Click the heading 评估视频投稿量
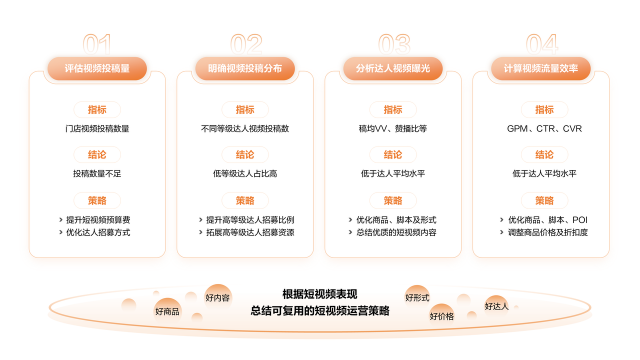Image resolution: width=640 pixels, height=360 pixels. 97,68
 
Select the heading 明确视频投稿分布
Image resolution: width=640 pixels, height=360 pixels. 245,68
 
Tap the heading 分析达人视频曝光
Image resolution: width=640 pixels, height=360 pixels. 393,68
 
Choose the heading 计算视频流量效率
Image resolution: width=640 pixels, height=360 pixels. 541,68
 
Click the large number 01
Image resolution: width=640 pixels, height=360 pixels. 97,43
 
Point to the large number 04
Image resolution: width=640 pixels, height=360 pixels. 541,43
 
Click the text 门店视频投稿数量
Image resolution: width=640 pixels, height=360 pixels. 97,129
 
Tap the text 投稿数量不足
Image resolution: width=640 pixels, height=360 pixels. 97,174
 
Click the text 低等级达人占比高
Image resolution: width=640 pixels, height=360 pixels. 245,174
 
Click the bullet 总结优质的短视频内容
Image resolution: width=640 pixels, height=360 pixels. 396,232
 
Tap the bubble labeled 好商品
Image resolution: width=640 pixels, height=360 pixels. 167,312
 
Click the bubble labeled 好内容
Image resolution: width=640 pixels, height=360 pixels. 217,297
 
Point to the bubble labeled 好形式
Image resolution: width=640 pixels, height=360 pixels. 417,297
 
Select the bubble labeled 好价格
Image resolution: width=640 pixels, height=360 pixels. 442,316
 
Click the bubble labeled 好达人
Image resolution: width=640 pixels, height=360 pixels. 497,305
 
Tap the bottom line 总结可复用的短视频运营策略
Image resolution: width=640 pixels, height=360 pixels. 320,311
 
